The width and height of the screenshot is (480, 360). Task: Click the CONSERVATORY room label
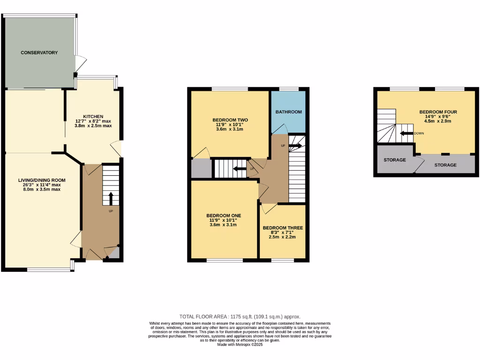(39, 52)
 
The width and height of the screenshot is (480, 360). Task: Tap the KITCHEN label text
(93, 116)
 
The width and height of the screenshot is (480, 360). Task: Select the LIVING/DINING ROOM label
(42, 180)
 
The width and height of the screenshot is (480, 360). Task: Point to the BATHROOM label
(288, 112)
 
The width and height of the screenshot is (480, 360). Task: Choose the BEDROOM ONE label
(223, 216)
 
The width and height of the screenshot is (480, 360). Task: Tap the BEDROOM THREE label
(283, 228)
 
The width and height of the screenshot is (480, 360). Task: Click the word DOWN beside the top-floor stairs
(420, 134)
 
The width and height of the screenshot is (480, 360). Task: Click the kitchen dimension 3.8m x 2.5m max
(93, 126)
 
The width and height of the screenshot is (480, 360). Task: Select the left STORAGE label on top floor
(395, 160)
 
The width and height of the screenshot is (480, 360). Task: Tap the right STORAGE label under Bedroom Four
(445, 165)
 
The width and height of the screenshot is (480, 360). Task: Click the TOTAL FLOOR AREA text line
(240, 317)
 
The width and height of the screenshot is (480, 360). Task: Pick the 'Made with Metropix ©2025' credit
(240, 345)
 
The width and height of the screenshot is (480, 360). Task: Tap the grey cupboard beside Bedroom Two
(201, 168)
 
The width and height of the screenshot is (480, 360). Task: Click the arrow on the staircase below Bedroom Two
(240, 169)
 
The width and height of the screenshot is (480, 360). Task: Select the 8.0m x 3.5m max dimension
(42, 189)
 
